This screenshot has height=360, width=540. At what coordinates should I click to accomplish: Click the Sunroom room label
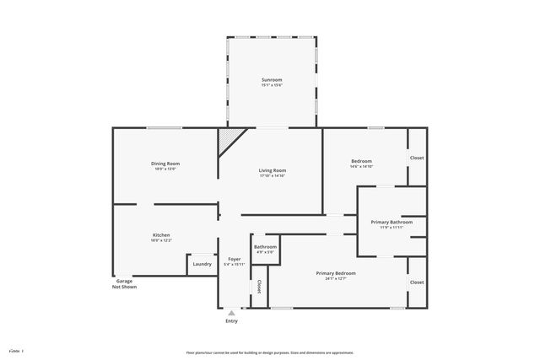click(x=272, y=79)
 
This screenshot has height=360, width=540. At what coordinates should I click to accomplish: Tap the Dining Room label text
click(x=165, y=164)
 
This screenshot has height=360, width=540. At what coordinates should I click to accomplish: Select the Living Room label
click(x=272, y=171)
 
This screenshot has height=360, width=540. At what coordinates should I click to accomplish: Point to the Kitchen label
click(x=161, y=235)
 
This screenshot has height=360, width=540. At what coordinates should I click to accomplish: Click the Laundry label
click(x=202, y=264)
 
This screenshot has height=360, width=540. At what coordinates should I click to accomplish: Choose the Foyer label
click(x=234, y=259)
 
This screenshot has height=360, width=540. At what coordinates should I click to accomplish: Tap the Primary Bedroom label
click(x=336, y=273)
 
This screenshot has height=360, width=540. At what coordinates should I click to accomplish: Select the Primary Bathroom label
click(x=391, y=222)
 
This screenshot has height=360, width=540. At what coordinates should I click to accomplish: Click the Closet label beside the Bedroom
click(x=417, y=159)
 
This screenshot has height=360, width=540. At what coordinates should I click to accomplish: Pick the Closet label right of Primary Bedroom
click(x=417, y=282)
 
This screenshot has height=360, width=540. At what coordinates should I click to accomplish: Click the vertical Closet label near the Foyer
click(x=259, y=287)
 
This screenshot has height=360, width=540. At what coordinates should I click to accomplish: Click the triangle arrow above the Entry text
click(x=231, y=313)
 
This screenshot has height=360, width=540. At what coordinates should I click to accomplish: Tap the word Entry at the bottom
click(x=231, y=321)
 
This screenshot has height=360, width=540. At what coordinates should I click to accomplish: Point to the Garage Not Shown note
click(x=124, y=284)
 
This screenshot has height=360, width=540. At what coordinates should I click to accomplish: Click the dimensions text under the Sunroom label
click(x=272, y=85)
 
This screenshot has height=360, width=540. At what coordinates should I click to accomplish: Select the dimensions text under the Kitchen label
click(x=161, y=241)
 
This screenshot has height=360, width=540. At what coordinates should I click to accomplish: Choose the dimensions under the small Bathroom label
click(x=265, y=252)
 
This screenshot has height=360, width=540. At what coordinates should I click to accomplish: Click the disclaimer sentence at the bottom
click(x=269, y=352)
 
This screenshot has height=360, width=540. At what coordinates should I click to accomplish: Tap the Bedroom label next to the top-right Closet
click(x=361, y=161)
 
